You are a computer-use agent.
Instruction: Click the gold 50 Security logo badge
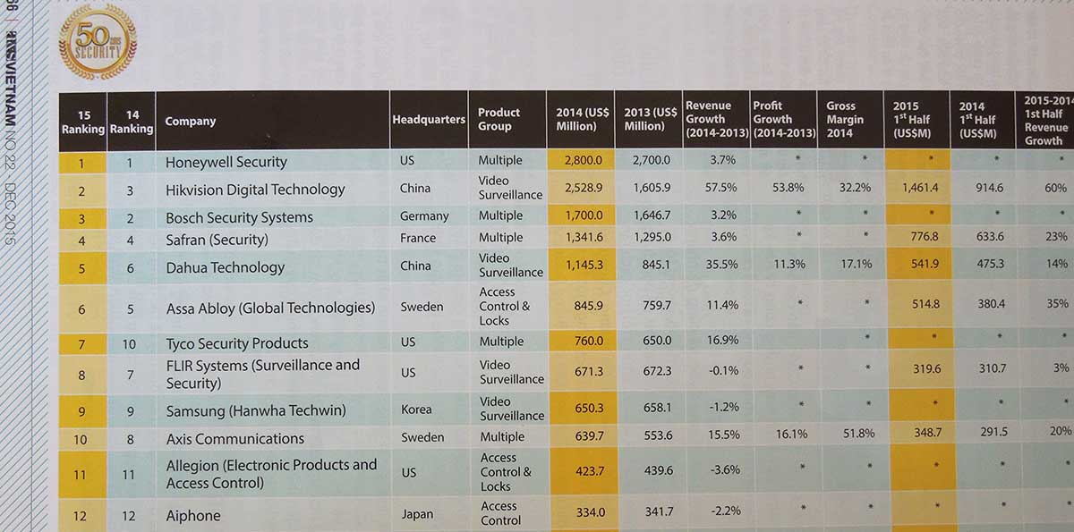[x=98, y=40]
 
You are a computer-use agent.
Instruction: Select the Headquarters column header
[x=429, y=120]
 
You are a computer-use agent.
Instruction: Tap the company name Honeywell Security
[x=226, y=162]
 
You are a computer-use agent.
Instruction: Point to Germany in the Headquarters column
[x=424, y=216]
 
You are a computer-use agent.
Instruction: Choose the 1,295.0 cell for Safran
[x=650, y=238]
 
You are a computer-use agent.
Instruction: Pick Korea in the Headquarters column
[x=416, y=410]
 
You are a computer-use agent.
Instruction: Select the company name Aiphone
[x=192, y=516]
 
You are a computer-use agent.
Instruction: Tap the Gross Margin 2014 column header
[x=845, y=119]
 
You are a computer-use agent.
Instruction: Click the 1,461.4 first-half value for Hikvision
[x=914, y=189]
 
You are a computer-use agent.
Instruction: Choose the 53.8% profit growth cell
[x=785, y=189]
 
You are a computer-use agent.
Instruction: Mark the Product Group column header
[x=499, y=119]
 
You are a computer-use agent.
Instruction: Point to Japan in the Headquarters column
[x=417, y=514]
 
